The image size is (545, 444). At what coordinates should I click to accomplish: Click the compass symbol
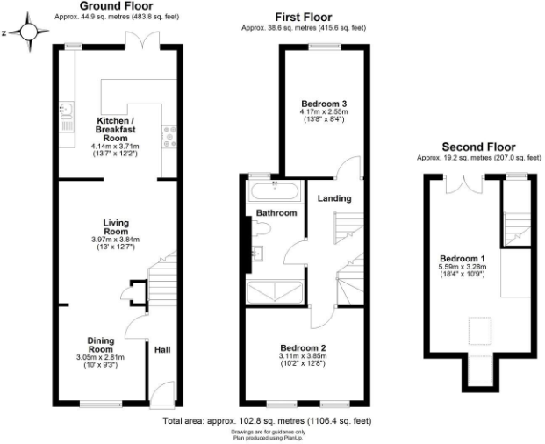[x=30, y=34]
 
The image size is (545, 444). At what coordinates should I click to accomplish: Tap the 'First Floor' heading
[x=304, y=16]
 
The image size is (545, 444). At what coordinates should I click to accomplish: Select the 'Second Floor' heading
[x=478, y=146]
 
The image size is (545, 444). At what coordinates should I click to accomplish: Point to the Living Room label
[x=116, y=227]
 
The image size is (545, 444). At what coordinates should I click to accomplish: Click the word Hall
[x=162, y=350]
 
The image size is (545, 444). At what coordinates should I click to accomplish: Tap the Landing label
[x=334, y=197]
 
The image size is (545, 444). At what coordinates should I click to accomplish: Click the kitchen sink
[x=66, y=111]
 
